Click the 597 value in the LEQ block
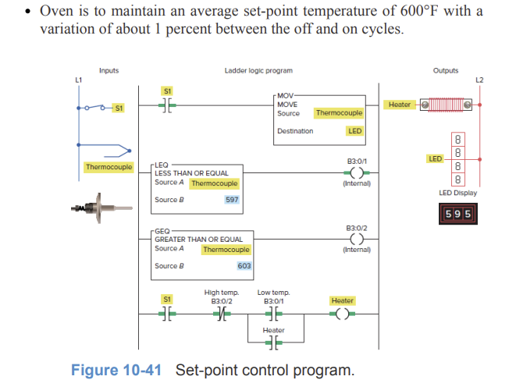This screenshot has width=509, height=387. [x=231, y=200]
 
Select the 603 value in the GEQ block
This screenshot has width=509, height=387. [x=244, y=266]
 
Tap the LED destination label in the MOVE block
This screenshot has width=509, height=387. [x=354, y=131]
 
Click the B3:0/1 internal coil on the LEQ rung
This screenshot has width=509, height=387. [x=356, y=173]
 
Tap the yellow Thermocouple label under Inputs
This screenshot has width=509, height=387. [x=109, y=167]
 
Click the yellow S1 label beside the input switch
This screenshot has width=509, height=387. [x=119, y=108]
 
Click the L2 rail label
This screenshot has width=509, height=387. [x=479, y=80]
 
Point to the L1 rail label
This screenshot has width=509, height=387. [x=77, y=80]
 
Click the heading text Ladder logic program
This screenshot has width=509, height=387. [x=258, y=71]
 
